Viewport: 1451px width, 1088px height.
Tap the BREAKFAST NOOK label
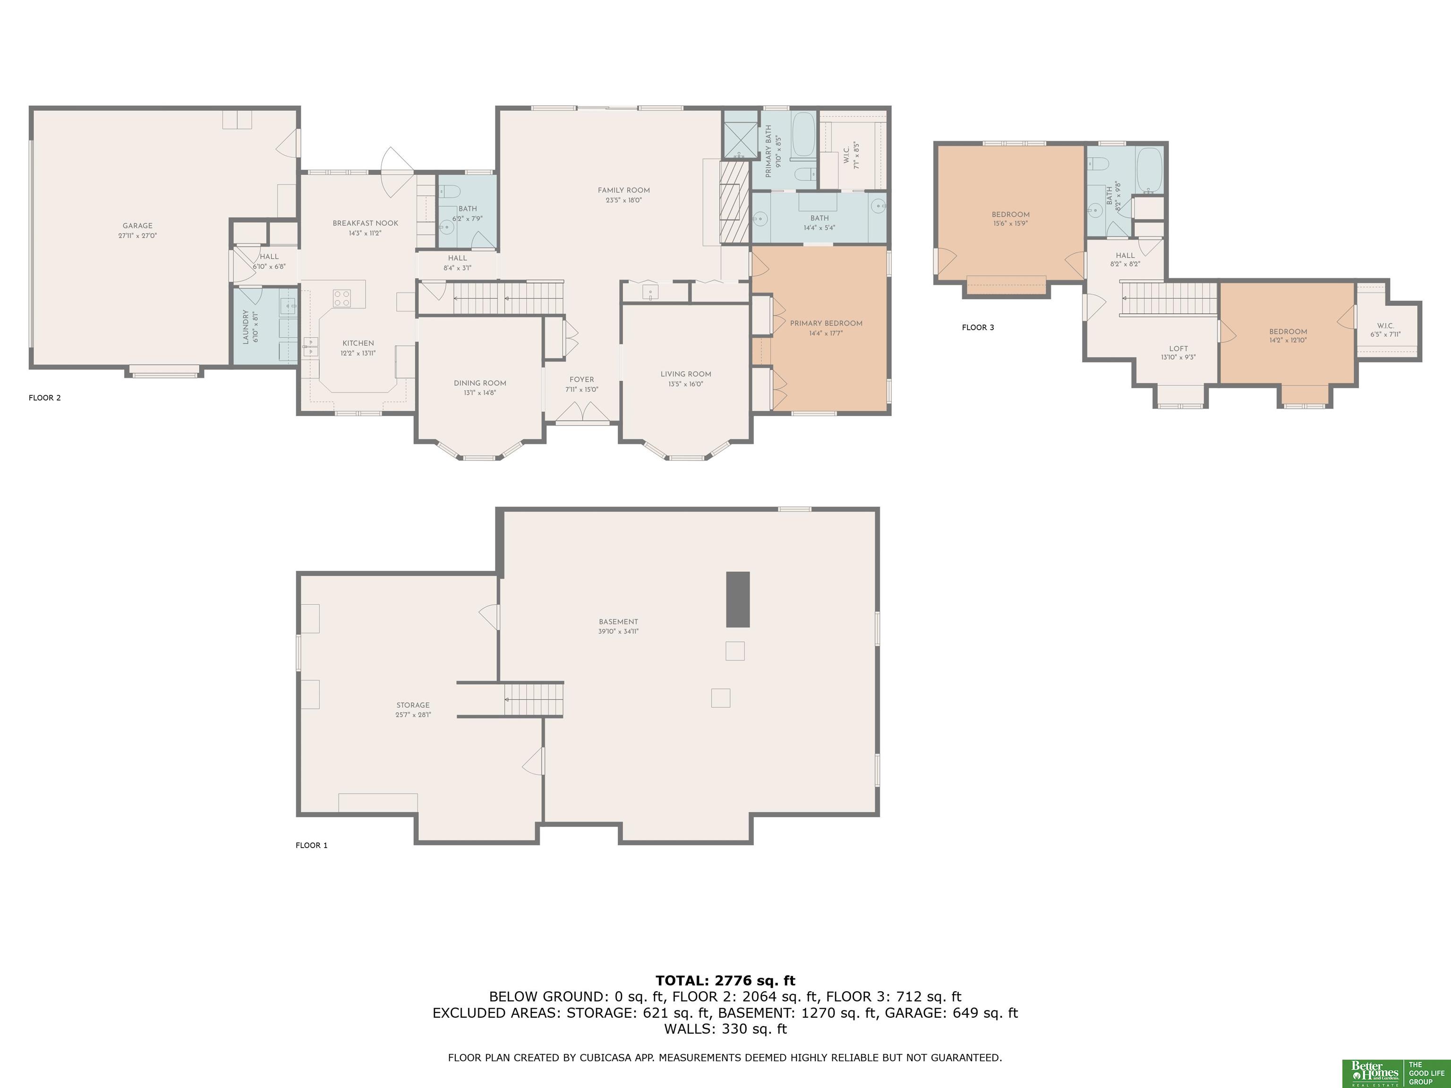pyautogui.click(x=366, y=223)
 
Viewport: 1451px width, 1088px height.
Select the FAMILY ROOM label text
pyautogui.click(x=624, y=190)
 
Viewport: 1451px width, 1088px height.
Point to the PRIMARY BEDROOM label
pyautogui.click(x=826, y=323)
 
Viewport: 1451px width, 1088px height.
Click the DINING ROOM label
pyautogui.click(x=480, y=383)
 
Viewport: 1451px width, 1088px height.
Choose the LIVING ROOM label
pyautogui.click(x=686, y=374)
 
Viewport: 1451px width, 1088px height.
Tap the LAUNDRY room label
pyautogui.click(x=246, y=327)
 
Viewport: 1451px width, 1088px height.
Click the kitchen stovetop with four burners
pyautogui.click(x=342, y=298)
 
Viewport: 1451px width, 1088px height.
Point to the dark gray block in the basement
pyautogui.click(x=737, y=599)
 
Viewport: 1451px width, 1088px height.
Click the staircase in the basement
pyautogui.click(x=533, y=699)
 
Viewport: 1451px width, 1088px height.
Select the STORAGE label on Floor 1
pyautogui.click(x=413, y=705)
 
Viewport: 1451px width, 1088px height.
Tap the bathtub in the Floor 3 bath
pyautogui.click(x=1149, y=170)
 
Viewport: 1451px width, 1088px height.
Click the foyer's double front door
pyautogui.click(x=582, y=411)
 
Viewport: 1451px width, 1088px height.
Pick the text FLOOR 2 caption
pyautogui.click(x=44, y=398)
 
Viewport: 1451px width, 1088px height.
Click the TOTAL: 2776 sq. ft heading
pyautogui.click(x=725, y=980)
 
